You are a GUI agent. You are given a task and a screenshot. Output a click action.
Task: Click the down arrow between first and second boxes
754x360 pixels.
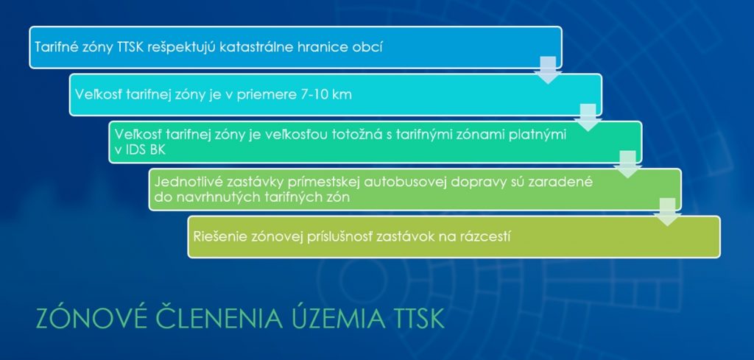(548, 70)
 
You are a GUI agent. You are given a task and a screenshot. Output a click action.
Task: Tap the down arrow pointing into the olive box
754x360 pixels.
(667, 211)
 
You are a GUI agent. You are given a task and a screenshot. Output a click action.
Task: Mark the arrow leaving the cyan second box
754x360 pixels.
(588, 117)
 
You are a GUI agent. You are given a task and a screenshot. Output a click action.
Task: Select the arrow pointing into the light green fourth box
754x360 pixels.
(627, 164)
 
